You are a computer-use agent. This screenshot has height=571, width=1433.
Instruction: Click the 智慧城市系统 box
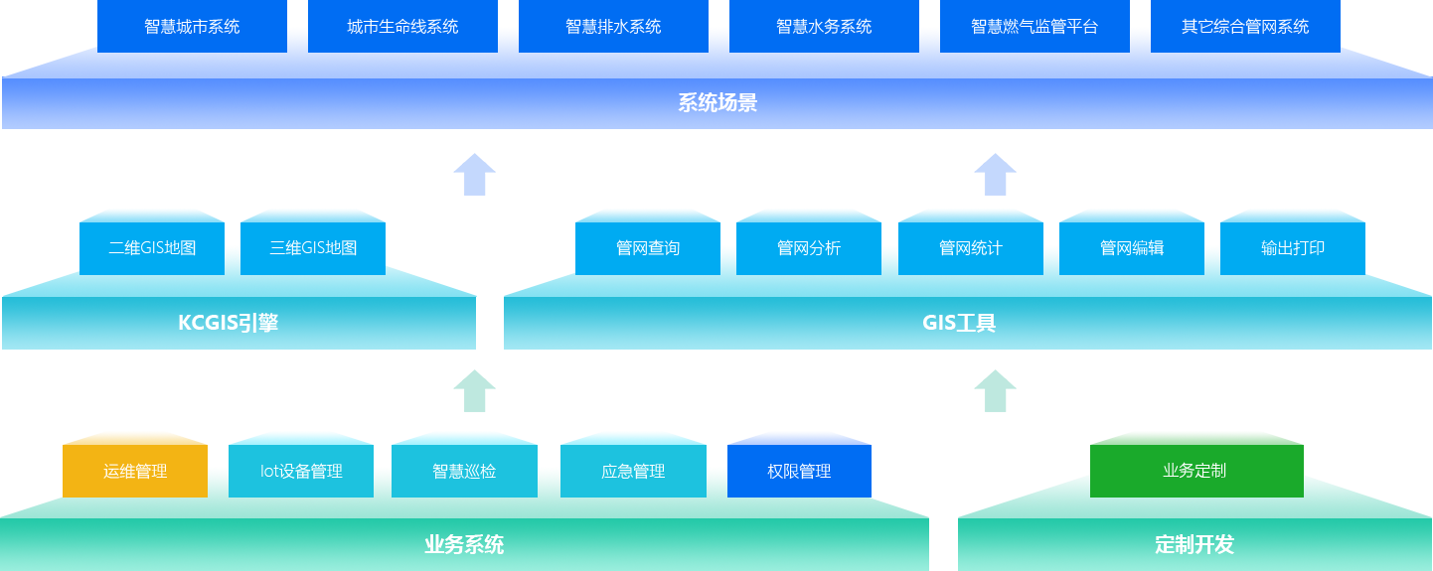point(192,27)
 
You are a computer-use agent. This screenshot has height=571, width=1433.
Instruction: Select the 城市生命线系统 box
point(402,27)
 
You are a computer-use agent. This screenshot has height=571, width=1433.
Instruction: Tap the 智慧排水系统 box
point(613,27)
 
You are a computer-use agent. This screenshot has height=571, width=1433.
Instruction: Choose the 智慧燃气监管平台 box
point(1035,27)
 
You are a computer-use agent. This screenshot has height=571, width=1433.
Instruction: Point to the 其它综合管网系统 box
point(1245,27)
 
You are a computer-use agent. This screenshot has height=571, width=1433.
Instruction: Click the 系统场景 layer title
point(717,103)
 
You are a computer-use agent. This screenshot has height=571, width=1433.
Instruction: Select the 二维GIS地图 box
point(152,247)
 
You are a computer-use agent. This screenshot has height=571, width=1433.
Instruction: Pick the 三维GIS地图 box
point(313,247)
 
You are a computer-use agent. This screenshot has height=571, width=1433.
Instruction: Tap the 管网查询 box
point(648,247)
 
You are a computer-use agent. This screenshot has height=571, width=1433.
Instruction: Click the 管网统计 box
point(971,247)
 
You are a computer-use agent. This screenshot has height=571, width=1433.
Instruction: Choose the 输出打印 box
point(1293,247)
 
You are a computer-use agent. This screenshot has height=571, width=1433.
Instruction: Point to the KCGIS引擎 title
point(229,323)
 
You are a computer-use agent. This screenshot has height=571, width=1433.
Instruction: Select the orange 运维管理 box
point(135,471)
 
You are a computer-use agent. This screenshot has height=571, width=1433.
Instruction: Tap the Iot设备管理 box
point(301,471)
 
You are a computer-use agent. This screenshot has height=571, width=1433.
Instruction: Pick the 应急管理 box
point(633,471)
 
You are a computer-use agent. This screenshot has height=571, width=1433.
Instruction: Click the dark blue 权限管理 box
point(799,471)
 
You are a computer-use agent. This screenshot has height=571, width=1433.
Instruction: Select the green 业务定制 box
point(1195,471)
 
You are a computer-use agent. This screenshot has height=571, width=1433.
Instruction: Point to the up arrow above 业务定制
point(995,391)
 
